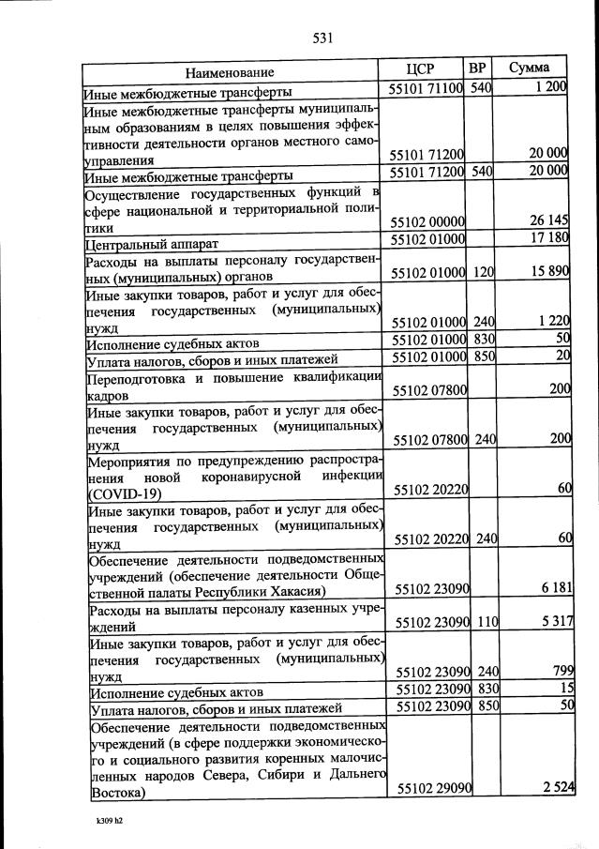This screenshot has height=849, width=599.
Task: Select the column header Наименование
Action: (230, 72)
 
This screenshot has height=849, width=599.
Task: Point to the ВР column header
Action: (478, 68)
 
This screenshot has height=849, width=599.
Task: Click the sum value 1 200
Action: (548, 88)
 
